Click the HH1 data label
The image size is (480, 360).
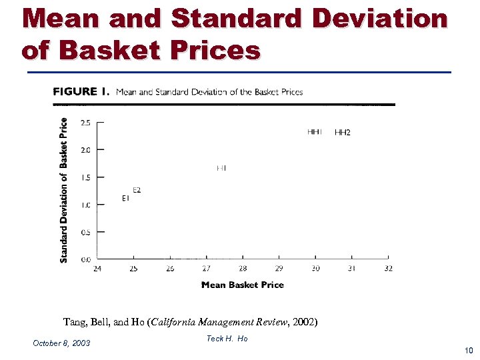315,132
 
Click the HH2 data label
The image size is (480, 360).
343,133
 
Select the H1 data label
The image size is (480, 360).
221,169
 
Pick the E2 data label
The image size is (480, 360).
137,191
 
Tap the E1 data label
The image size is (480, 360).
125,199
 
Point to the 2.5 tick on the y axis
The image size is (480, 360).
86,123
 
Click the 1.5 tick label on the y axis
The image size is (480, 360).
86,177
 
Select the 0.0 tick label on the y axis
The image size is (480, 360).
86,259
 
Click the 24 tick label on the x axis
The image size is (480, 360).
97,269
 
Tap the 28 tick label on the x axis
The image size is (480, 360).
243,269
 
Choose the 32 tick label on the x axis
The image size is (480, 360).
388,269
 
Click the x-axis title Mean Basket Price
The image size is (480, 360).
243,285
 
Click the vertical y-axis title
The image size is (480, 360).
64,190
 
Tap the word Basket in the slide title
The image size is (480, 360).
116,50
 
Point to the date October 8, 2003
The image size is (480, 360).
61,343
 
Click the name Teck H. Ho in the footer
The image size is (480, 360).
227,339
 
